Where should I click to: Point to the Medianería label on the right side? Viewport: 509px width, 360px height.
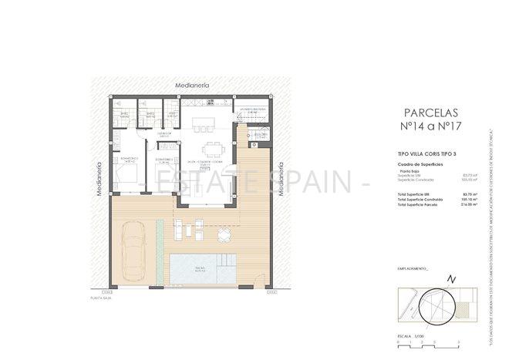(282, 179)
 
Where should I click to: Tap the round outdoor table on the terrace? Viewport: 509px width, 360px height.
(224, 234)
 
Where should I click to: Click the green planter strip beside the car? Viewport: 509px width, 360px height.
(158, 241)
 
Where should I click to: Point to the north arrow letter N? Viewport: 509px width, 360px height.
(453, 278)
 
